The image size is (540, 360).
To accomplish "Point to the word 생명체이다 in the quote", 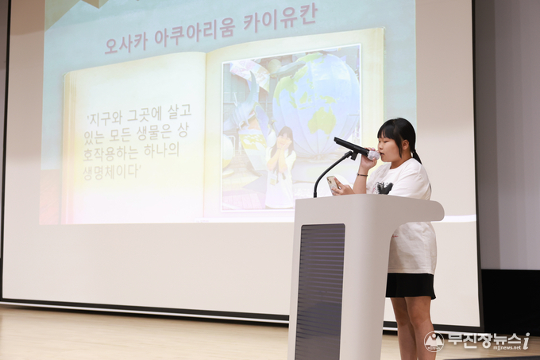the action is (x=111, y=171).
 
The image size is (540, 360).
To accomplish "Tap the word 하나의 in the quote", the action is (x=161, y=149).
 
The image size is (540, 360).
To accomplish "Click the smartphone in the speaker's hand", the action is (x=333, y=184).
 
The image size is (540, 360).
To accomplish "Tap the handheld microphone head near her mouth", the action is (x=372, y=155).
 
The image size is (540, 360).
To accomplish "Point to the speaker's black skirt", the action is (x=411, y=285).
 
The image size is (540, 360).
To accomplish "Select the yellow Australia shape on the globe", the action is (x=322, y=122).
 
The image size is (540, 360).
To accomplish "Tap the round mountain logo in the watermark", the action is (x=434, y=342).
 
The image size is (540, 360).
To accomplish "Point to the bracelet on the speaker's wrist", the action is (x=362, y=175).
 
